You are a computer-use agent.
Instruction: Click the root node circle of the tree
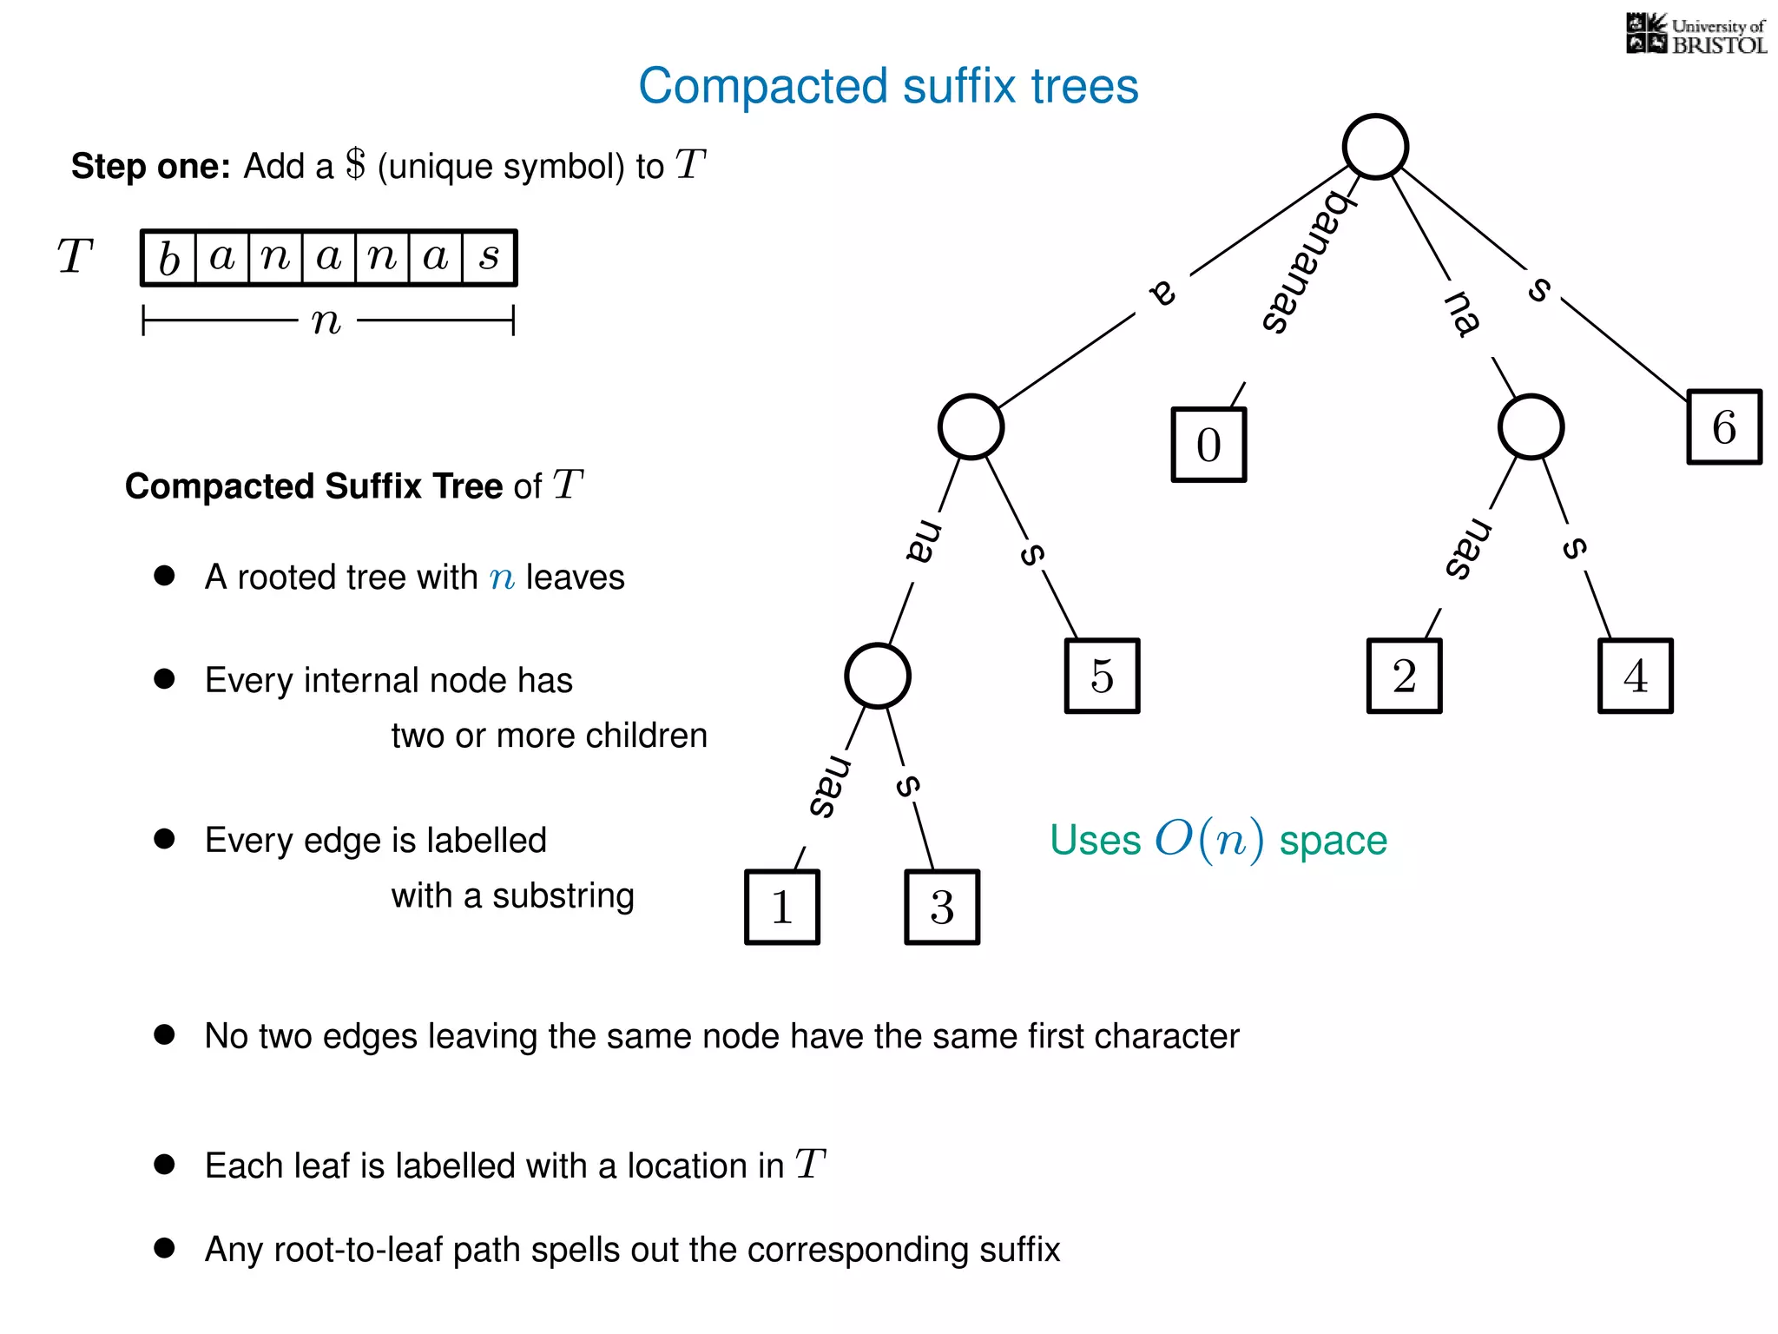[x=1375, y=147]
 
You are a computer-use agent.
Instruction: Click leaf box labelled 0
[x=1208, y=445]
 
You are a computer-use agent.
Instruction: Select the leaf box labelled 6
[x=1723, y=427]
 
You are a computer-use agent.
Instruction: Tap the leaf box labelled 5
[x=1102, y=676]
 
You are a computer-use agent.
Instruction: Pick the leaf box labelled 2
[x=1404, y=676]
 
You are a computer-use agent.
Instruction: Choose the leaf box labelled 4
[x=1635, y=676]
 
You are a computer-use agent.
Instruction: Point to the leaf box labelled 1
[x=781, y=907]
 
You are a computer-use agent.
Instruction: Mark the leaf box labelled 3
[x=942, y=907]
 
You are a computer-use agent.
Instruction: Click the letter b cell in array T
[x=169, y=258]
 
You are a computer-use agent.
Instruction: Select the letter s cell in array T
[x=490, y=258]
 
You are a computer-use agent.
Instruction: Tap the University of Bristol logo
[x=1696, y=35]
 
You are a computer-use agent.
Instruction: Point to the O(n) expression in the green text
[x=1208, y=840]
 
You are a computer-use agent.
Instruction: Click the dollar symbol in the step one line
[x=355, y=164]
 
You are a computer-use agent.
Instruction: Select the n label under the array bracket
[x=326, y=321]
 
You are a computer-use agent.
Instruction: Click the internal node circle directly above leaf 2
[x=1531, y=426]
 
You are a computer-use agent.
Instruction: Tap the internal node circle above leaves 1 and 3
[x=878, y=676]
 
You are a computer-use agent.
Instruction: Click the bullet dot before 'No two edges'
[x=164, y=1034]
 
